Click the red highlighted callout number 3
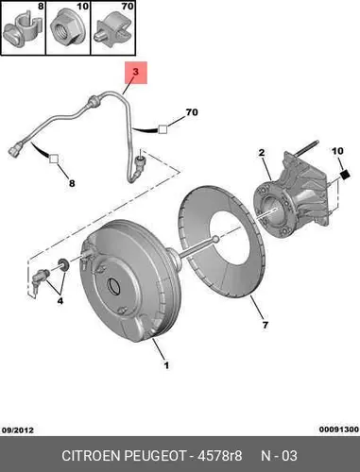[136, 73]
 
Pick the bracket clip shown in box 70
[112, 31]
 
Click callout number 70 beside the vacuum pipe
[192, 112]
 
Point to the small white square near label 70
[163, 129]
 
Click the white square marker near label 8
[54, 159]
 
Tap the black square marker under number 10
[345, 175]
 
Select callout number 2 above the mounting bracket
[262, 153]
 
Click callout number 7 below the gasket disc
[266, 325]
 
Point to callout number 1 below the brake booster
[166, 365]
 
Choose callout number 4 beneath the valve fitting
[60, 301]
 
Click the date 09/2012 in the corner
[18, 430]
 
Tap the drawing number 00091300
[339, 430]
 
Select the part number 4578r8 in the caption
[219, 456]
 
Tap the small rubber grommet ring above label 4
[63, 264]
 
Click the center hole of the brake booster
[113, 285]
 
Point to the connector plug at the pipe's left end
[15, 149]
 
